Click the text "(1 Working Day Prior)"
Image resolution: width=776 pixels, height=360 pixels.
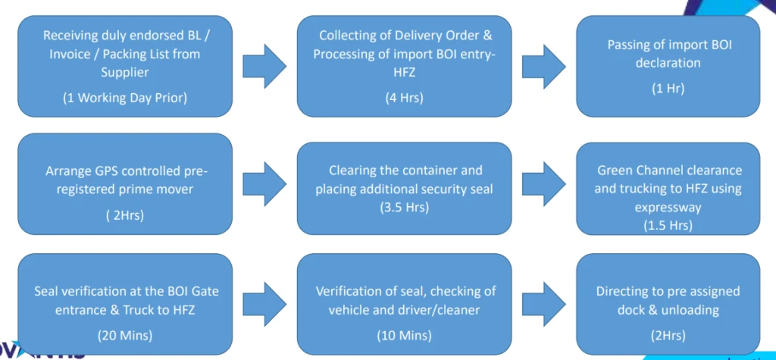[125, 97]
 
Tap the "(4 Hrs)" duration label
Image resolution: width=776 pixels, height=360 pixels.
[405, 97]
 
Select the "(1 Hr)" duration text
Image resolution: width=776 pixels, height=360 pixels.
[668, 88]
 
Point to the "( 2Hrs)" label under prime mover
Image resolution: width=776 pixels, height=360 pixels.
[125, 215]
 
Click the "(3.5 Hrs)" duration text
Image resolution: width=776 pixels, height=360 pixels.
[405, 205]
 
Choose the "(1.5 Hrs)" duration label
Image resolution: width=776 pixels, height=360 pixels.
[668, 225]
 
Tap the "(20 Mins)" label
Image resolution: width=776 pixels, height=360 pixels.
[125, 334]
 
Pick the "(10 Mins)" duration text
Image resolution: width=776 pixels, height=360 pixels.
[405, 334]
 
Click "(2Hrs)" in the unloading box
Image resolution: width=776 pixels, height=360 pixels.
[668, 334]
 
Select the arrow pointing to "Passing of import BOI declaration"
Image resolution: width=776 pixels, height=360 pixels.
[543, 66]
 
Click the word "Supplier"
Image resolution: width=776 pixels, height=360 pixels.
[125, 72]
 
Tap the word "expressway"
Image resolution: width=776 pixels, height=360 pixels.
[668, 206]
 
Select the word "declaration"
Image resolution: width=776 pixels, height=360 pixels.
[668, 63]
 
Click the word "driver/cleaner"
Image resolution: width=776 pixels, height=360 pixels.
[443, 309]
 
